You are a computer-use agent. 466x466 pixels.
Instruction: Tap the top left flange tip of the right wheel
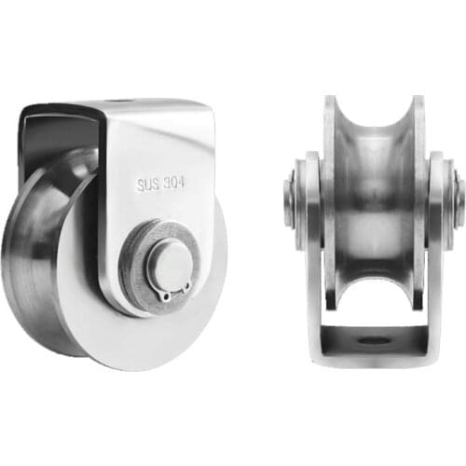click(x=330, y=100)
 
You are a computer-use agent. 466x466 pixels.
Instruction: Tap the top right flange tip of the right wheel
click(x=418, y=100)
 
